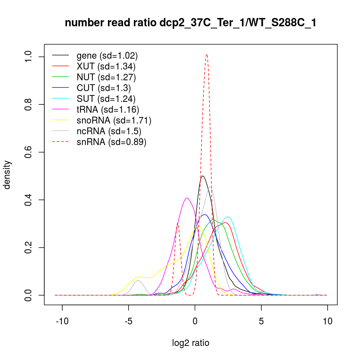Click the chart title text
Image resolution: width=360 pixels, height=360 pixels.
(x=190, y=23)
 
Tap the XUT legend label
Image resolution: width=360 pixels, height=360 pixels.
(x=106, y=66)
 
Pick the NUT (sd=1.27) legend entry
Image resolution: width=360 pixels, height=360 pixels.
(x=106, y=77)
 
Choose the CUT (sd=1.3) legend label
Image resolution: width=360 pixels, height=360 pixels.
(x=104, y=88)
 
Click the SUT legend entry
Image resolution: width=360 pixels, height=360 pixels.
(x=106, y=99)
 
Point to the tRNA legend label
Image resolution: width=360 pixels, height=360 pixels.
(x=108, y=109)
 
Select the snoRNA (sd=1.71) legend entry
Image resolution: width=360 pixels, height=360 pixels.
(x=114, y=120)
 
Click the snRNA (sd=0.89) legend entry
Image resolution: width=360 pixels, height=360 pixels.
(x=111, y=142)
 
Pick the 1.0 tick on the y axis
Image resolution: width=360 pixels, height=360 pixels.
(x=29, y=57)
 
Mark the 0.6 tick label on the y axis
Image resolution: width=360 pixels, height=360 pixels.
(x=29, y=152)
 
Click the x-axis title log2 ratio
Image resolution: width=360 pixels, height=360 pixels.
(x=190, y=343)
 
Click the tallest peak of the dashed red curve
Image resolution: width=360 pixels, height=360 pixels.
(x=206, y=54)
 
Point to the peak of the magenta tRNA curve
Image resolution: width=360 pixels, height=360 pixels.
(x=187, y=198)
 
